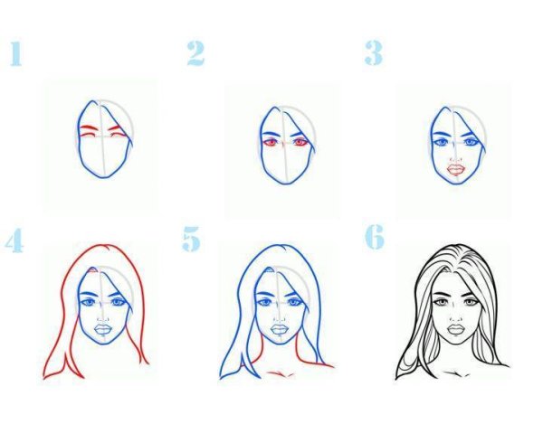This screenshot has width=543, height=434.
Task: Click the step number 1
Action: point(14,53)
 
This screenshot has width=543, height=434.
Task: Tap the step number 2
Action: point(195,53)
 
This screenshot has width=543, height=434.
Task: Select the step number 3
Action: point(373,52)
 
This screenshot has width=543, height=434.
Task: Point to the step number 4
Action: point(14,241)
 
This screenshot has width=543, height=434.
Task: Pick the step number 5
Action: point(191,240)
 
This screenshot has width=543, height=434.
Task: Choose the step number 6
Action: point(375,237)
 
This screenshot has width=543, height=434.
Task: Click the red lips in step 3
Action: point(456,167)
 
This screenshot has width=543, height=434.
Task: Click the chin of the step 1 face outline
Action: point(103,176)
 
